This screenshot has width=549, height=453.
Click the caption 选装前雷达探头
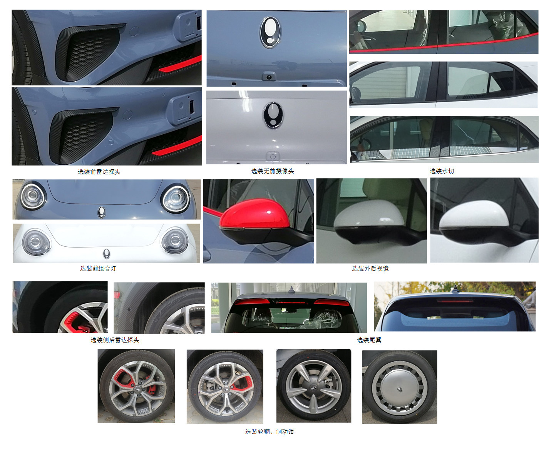(x=99, y=172)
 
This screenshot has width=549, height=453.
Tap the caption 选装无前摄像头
(x=273, y=171)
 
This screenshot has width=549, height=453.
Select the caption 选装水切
(x=442, y=171)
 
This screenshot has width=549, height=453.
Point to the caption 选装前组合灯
(x=98, y=268)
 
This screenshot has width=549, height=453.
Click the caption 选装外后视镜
(x=370, y=268)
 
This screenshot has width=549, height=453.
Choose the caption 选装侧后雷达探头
(x=115, y=340)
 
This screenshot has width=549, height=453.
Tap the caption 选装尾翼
(x=369, y=340)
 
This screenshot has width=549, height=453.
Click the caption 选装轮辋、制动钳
(x=269, y=431)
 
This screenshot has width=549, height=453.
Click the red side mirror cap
(x=254, y=213)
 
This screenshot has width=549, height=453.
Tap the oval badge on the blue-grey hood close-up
(x=270, y=32)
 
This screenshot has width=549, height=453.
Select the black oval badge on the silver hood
(x=273, y=115)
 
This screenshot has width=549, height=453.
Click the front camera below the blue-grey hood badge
(x=268, y=77)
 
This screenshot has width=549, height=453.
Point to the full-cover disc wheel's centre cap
(x=400, y=389)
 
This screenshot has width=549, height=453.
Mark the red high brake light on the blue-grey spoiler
(x=291, y=303)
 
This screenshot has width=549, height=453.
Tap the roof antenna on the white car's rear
(x=455, y=289)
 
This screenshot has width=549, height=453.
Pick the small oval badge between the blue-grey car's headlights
(x=102, y=212)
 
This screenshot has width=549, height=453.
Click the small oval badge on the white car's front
(x=106, y=253)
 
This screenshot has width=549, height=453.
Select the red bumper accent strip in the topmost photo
(x=181, y=64)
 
